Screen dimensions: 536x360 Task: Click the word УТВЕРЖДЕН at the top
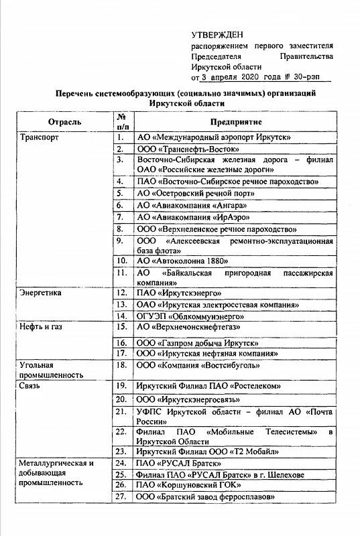pyautogui.click(x=217, y=33)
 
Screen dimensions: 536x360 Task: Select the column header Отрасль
pyautogui.click(x=65, y=123)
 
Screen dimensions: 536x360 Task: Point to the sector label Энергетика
pyautogui.click(x=42, y=293)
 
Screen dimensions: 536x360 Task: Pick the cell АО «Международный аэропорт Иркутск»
pyautogui.click(x=213, y=137)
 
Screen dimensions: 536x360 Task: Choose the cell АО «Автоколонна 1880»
pyautogui.click(x=182, y=260)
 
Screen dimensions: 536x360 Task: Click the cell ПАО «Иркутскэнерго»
pyautogui.click(x=179, y=293)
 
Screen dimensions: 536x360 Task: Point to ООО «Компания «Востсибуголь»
pyautogui.click(x=199, y=364)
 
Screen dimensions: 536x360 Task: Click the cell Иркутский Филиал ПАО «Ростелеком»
pyautogui.click(x=208, y=387)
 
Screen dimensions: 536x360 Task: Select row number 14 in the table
pyautogui.click(x=121, y=315)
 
